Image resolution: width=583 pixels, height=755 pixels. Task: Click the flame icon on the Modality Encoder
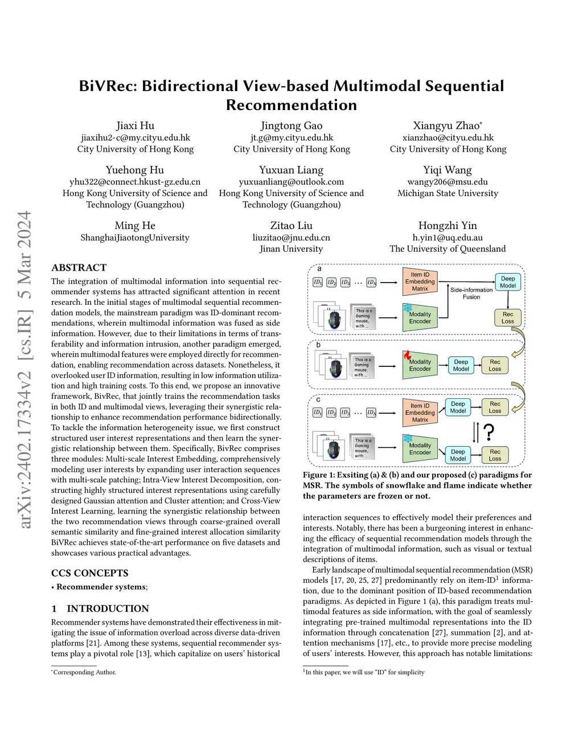(x=407, y=355)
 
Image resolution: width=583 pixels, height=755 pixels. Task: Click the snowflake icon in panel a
(x=408, y=308)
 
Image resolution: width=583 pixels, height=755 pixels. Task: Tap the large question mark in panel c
(x=488, y=432)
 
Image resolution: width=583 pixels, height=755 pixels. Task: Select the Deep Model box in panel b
(x=461, y=365)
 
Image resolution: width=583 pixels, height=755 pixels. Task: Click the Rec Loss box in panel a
(x=507, y=317)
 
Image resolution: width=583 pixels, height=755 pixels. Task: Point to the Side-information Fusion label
(x=471, y=293)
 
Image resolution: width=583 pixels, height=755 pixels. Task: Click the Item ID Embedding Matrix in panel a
(x=420, y=281)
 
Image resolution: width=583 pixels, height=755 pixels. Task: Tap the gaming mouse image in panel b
(x=335, y=368)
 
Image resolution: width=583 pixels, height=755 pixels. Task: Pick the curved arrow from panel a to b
(x=520, y=344)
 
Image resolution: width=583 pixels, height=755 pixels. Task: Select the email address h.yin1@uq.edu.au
(x=447, y=238)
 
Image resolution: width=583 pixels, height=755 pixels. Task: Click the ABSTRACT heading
(x=79, y=268)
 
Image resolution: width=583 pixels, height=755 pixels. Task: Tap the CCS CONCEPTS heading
(x=89, y=573)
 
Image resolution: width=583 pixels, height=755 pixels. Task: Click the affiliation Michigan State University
(x=447, y=193)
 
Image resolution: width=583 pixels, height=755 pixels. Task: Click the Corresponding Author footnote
(x=84, y=672)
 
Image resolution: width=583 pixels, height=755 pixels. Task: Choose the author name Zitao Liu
(x=291, y=226)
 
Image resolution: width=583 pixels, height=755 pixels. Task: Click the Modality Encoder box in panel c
(x=420, y=449)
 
